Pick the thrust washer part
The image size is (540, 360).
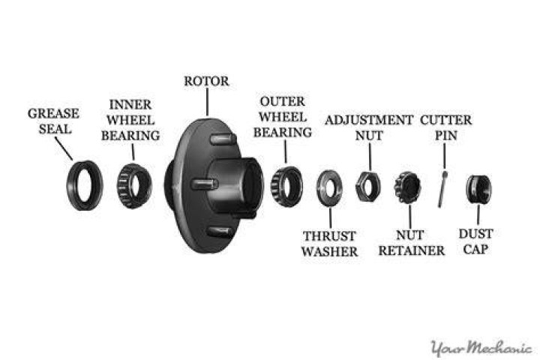(x=322, y=187)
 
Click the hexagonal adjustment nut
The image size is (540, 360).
(x=360, y=187)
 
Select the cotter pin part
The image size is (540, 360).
(x=442, y=189)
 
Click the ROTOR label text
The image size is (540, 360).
(x=206, y=81)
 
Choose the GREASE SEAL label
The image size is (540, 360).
(x=54, y=121)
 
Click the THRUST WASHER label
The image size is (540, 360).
(x=329, y=244)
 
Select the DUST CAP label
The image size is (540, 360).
(x=476, y=241)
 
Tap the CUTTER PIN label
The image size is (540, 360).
(x=446, y=127)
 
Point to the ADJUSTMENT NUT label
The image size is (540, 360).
(x=369, y=127)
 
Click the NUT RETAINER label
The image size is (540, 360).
(x=412, y=243)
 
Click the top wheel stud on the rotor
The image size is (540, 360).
(x=223, y=139)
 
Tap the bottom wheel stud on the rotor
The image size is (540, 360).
(x=219, y=232)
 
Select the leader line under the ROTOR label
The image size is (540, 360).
(x=207, y=102)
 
